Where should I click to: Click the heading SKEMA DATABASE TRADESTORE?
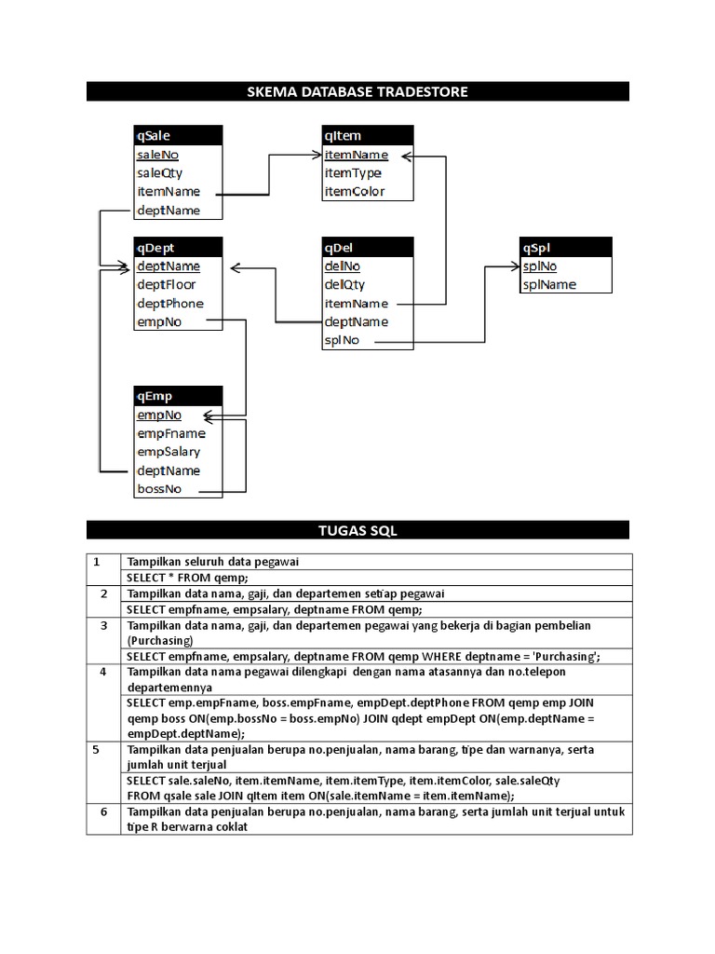point(357,91)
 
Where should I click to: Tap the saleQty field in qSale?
point(160,173)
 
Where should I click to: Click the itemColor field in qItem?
point(354,192)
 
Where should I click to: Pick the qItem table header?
point(367,136)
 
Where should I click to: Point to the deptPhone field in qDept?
point(169,304)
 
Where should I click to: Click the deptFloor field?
point(167,285)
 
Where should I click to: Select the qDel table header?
point(367,248)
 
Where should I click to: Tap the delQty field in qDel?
point(344,285)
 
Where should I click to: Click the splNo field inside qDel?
point(341,341)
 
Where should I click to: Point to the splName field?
point(549,285)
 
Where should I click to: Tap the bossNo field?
point(159,489)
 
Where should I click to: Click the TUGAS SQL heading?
point(357,530)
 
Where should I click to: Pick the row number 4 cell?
point(103,672)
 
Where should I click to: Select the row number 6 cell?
point(103,811)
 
